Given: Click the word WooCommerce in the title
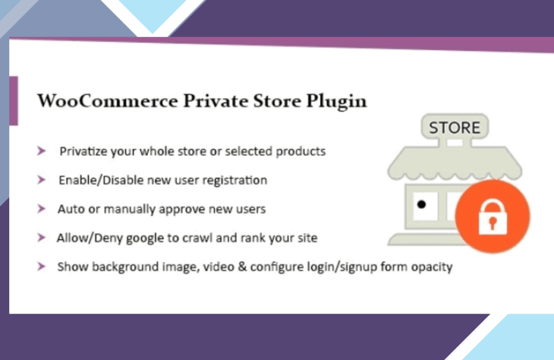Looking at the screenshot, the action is (108, 101).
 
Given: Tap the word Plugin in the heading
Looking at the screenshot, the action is (337, 102).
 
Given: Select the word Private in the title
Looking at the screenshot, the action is (215, 101).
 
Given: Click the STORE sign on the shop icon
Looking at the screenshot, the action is (454, 128).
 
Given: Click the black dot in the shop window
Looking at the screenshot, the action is (421, 204).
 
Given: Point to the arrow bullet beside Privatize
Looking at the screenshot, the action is (41, 151).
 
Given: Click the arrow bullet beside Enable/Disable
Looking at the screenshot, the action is (41, 180).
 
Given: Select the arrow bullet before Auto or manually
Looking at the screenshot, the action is (41, 209).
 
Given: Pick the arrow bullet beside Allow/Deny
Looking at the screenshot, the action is (41, 237).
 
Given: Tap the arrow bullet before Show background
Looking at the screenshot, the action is (41, 266).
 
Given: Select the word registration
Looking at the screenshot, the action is (235, 181).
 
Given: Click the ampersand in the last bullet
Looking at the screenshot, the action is (242, 266).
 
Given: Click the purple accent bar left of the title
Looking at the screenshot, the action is (14, 101).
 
